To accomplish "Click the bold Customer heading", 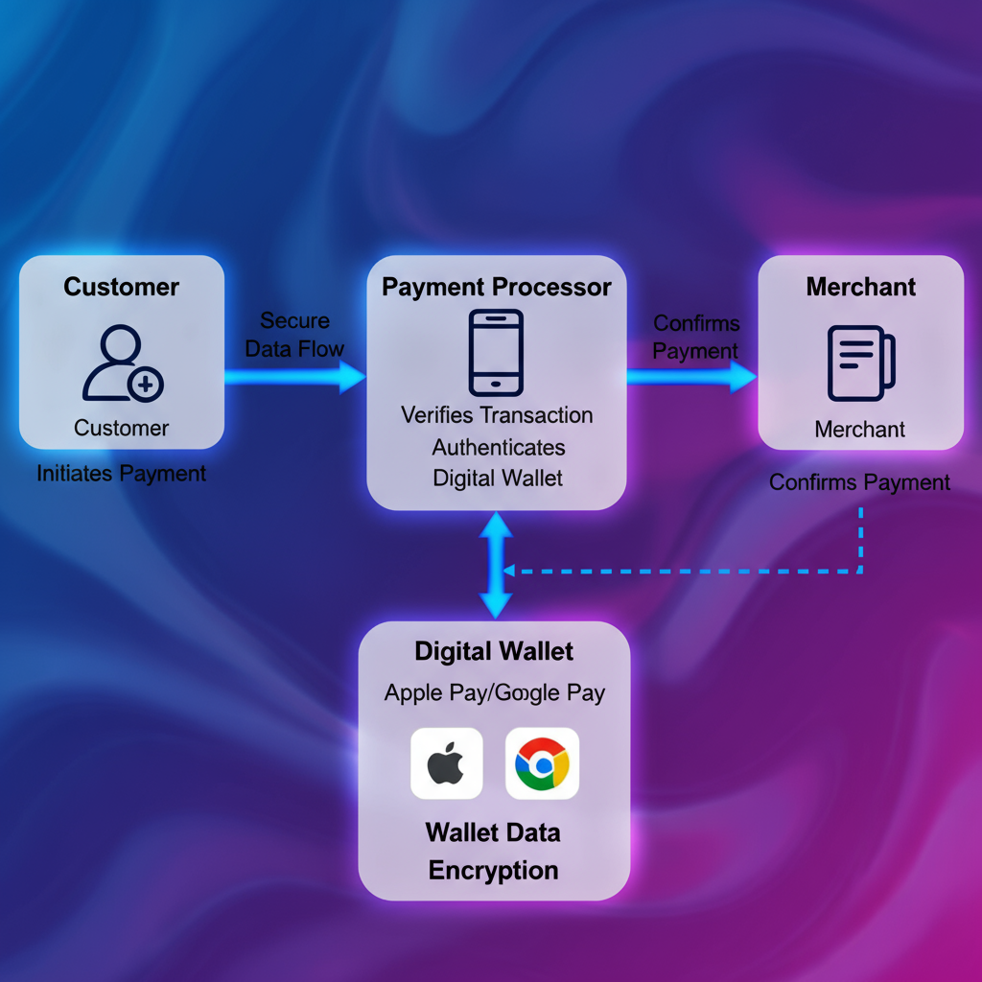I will [121, 287].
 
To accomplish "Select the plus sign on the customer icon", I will [146, 386].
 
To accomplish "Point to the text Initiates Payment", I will [121, 473].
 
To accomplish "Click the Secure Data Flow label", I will [294, 335].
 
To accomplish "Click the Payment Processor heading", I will [497, 287].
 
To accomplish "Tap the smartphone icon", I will [496, 352].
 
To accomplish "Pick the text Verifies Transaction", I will [497, 415].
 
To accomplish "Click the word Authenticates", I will [498, 447].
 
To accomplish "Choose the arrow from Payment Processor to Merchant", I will [690, 377].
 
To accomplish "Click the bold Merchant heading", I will [860, 287].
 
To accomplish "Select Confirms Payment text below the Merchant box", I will [859, 482].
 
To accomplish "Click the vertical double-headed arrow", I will [497, 566].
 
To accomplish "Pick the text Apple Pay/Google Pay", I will [495, 692].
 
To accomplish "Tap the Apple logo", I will [446, 763].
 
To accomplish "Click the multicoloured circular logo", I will [542, 763].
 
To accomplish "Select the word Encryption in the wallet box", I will [493, 871].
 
